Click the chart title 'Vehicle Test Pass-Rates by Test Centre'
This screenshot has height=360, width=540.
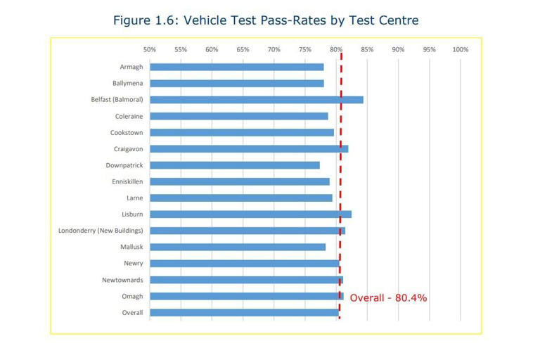tap(266, 20)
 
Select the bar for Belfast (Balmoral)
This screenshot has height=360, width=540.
tap(256, 100)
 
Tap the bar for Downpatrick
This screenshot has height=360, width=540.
tap(234, 165)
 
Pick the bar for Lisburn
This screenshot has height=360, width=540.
tap(250, 214)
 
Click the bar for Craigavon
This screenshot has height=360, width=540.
tap(249, 149)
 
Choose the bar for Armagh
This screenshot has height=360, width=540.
tap(236, 67)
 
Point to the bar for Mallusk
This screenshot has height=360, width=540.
tap(238, 247)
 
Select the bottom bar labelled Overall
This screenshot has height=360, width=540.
tap(244, 313)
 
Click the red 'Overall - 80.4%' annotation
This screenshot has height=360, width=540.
tap(388, 298)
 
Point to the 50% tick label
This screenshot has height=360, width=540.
tap(150, 50)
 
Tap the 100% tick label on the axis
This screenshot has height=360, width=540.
tap(460, 50)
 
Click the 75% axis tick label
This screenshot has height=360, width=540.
tap(305, 50)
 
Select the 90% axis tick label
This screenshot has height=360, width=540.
tap(398, 50)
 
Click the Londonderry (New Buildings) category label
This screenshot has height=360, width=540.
tap(101, 231)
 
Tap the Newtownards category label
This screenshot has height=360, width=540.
tap(122, 280)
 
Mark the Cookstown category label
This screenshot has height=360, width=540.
tap(127, 132)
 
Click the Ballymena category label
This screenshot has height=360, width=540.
tap(127, 83)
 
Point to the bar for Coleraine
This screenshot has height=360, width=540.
tap(238, 116)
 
